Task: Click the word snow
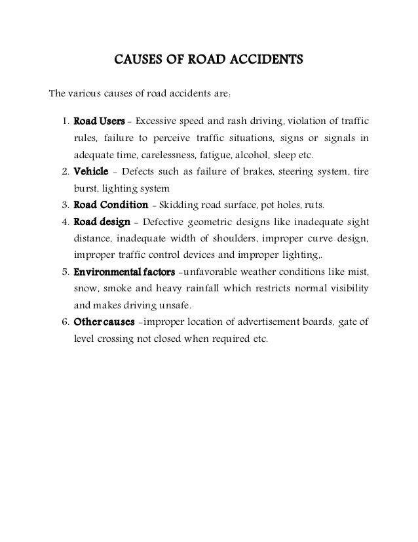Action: pyautogui.click(x=84, y=289)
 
